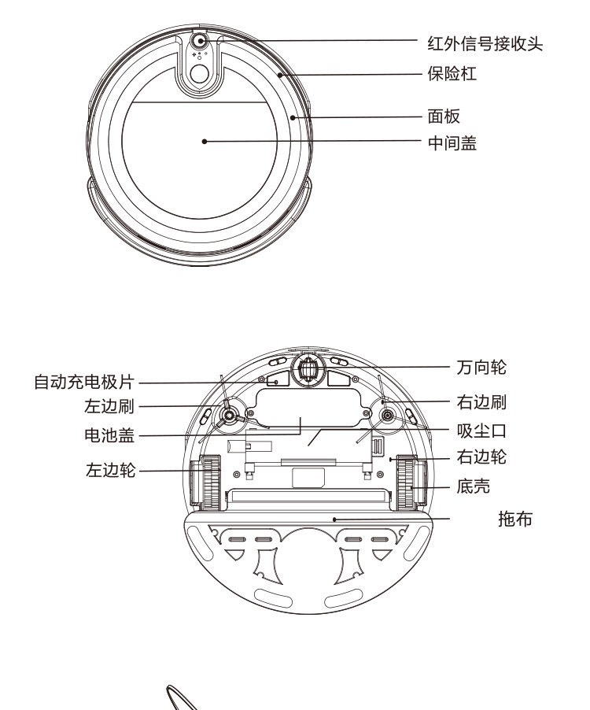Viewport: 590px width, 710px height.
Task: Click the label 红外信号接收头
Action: click(x=485, y=44)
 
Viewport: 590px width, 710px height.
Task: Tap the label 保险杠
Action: click(x=452, y=73)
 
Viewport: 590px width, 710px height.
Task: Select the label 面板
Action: click(x=444, y=116)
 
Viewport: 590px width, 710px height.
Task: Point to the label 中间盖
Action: click(x=452, y=143)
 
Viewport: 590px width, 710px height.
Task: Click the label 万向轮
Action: click(x=481, y=367)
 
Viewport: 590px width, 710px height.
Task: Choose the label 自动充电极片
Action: click(x=84, y=382)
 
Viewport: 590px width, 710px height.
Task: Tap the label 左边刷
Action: click(x=109, y=406)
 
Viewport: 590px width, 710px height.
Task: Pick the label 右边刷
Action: click(x=481, y=402)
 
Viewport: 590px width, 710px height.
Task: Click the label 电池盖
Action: click(x=109, y=435)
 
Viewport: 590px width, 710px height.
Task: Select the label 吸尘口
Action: click(x=481, y=431)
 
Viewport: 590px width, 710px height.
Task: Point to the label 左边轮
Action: click(x=110, y=470)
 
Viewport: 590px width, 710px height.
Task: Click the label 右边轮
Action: click(x=481, y=457)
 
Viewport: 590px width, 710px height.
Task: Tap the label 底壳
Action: click(x=474, y=486)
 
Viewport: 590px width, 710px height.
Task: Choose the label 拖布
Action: click(x=515, y=519)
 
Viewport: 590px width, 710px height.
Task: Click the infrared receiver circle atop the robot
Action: click(x=199, y=41)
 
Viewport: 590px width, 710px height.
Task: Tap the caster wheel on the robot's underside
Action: click(x=308, y=369)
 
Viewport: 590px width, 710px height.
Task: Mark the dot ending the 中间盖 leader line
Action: click(x=205, y=141)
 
